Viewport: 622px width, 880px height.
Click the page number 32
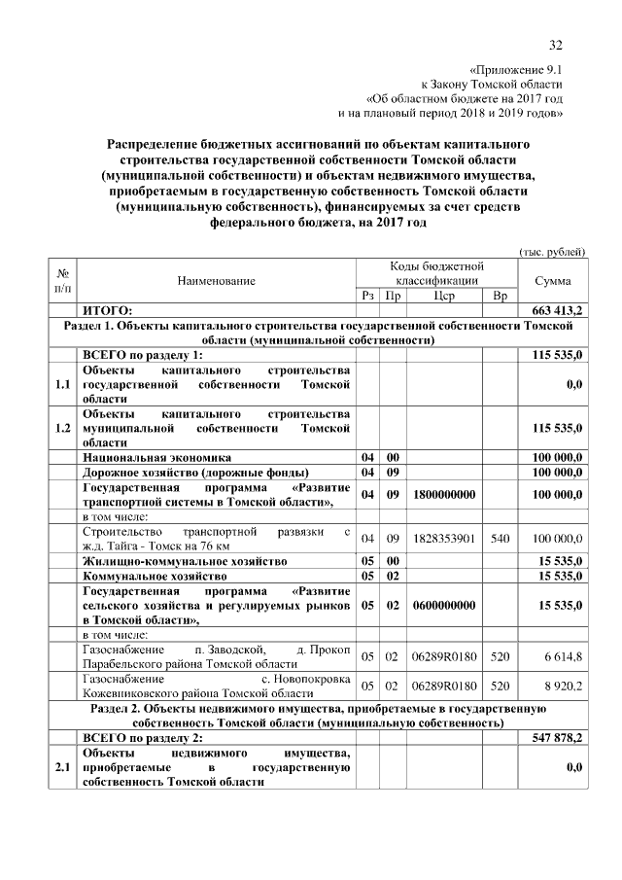coord(557,44)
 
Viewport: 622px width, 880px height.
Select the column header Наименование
coord(217,281)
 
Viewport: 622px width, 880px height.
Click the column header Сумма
coord(553,281)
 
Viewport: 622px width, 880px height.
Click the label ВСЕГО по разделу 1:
coord(142,356)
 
